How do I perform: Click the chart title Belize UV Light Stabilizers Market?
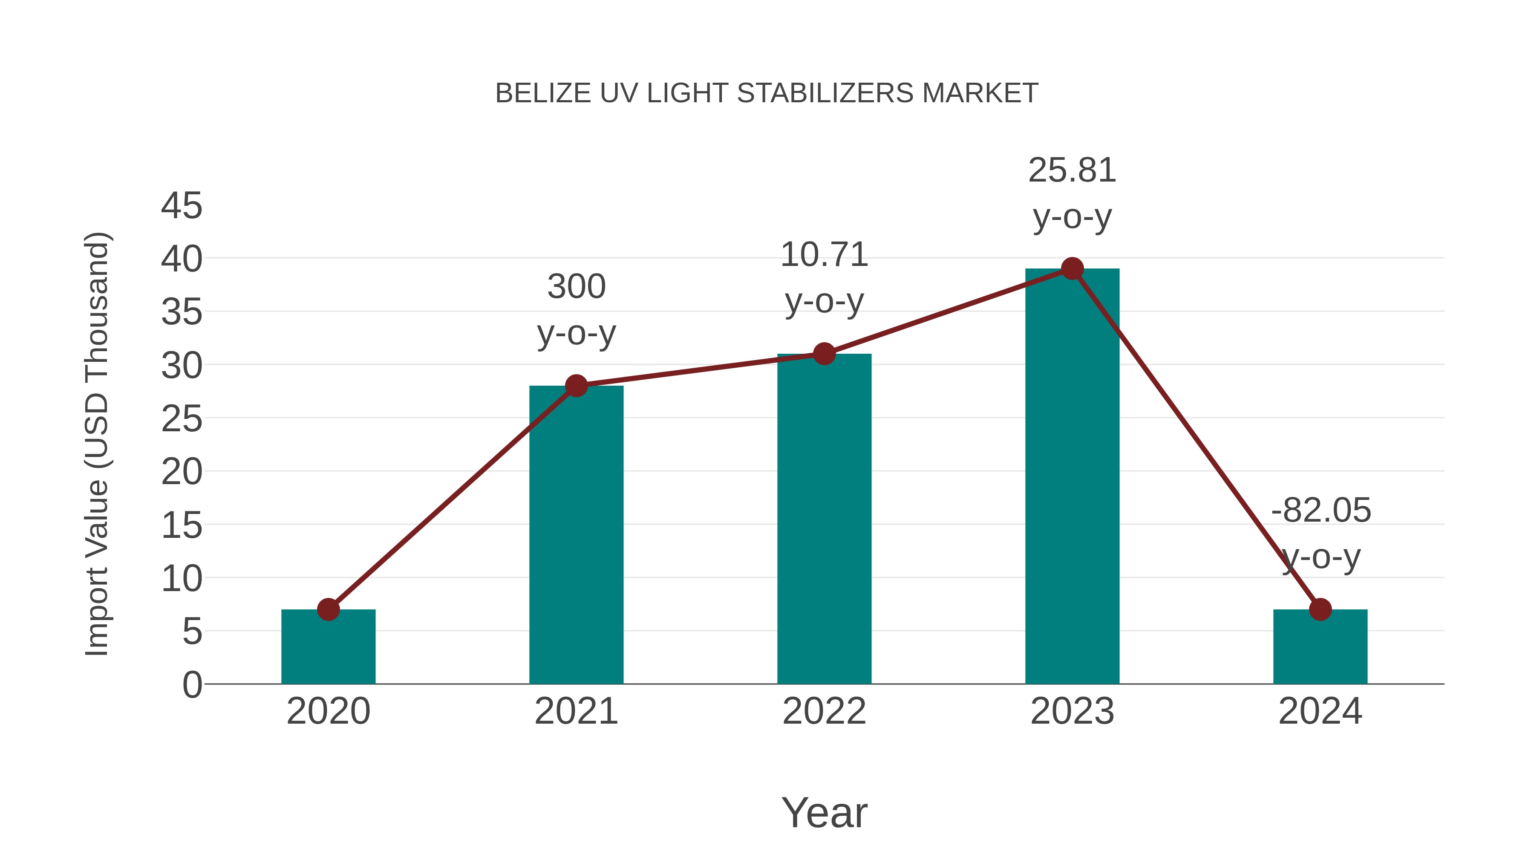[767, 93]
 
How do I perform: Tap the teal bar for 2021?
[576, 536]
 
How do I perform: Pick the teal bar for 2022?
[824, 518]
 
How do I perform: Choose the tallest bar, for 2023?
[1072, 476]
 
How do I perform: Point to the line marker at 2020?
[328, 609]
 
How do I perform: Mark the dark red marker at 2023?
[1072, 268]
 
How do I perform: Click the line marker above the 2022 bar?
[824, 354]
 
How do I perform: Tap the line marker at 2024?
[1320, 609]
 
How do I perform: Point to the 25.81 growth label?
[1072, 171]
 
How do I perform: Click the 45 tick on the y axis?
[182, 206]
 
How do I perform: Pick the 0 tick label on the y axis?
[192, 685]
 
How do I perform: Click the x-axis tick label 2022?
[824, 712]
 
